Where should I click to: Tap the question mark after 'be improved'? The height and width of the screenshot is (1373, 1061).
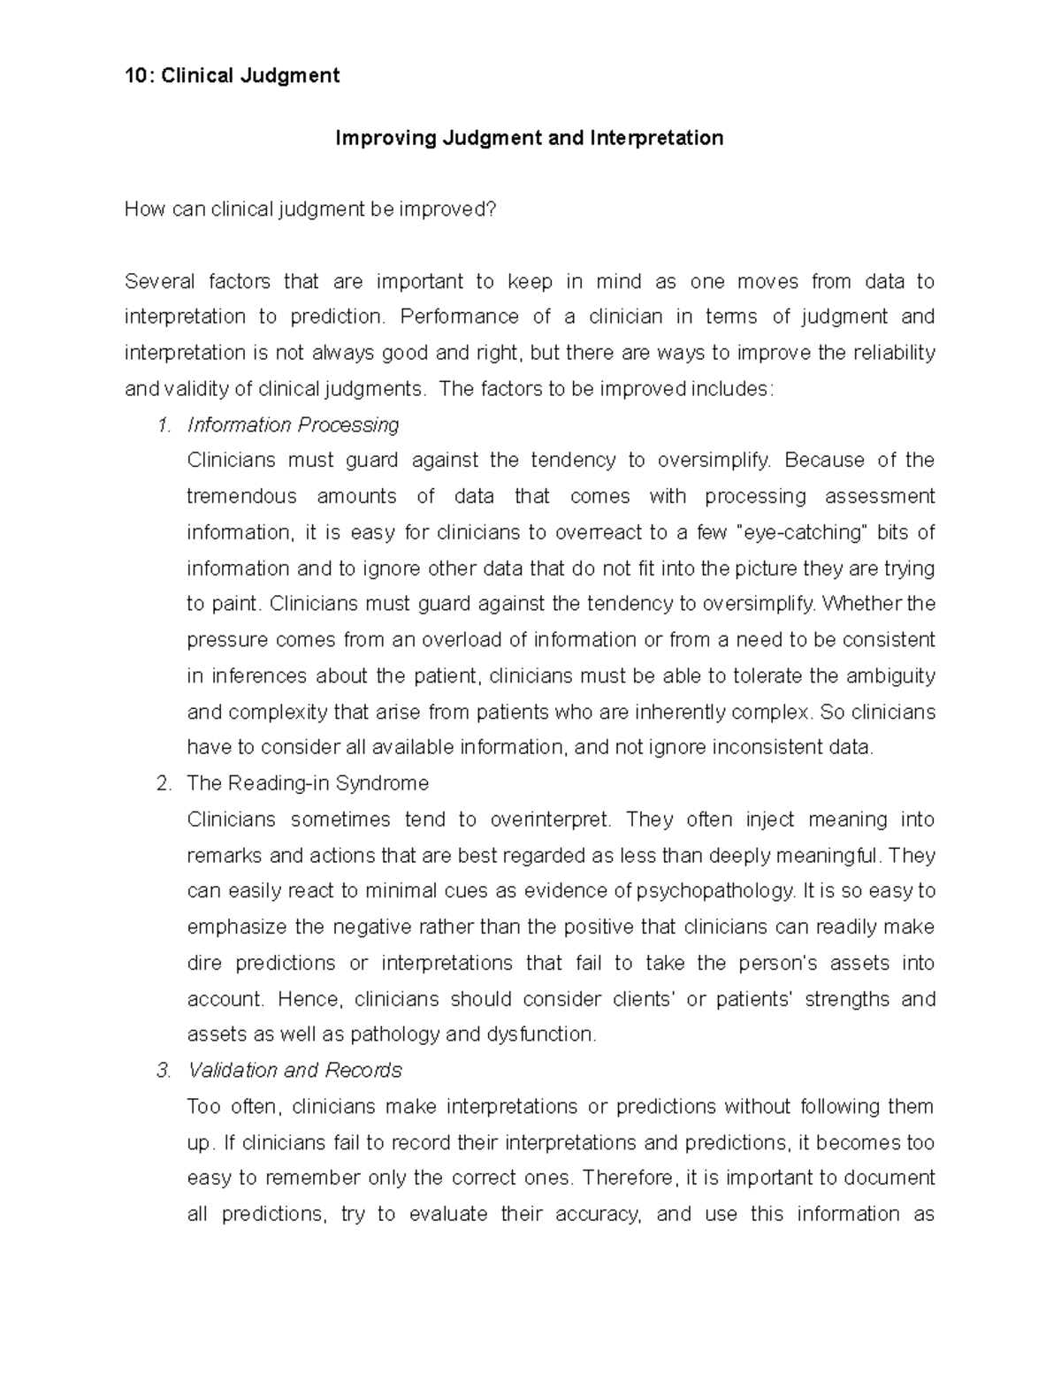point(492,210)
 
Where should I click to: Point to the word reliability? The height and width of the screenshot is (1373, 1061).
point(893,353)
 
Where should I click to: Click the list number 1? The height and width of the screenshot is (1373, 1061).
point(163,425)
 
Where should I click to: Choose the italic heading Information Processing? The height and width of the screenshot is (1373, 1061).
point(293,425)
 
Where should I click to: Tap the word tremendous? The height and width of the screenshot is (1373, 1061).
point(241,497)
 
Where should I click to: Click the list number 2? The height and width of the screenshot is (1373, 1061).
point(163,784)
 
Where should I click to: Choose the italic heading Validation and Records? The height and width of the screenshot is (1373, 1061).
point(294,1071)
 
